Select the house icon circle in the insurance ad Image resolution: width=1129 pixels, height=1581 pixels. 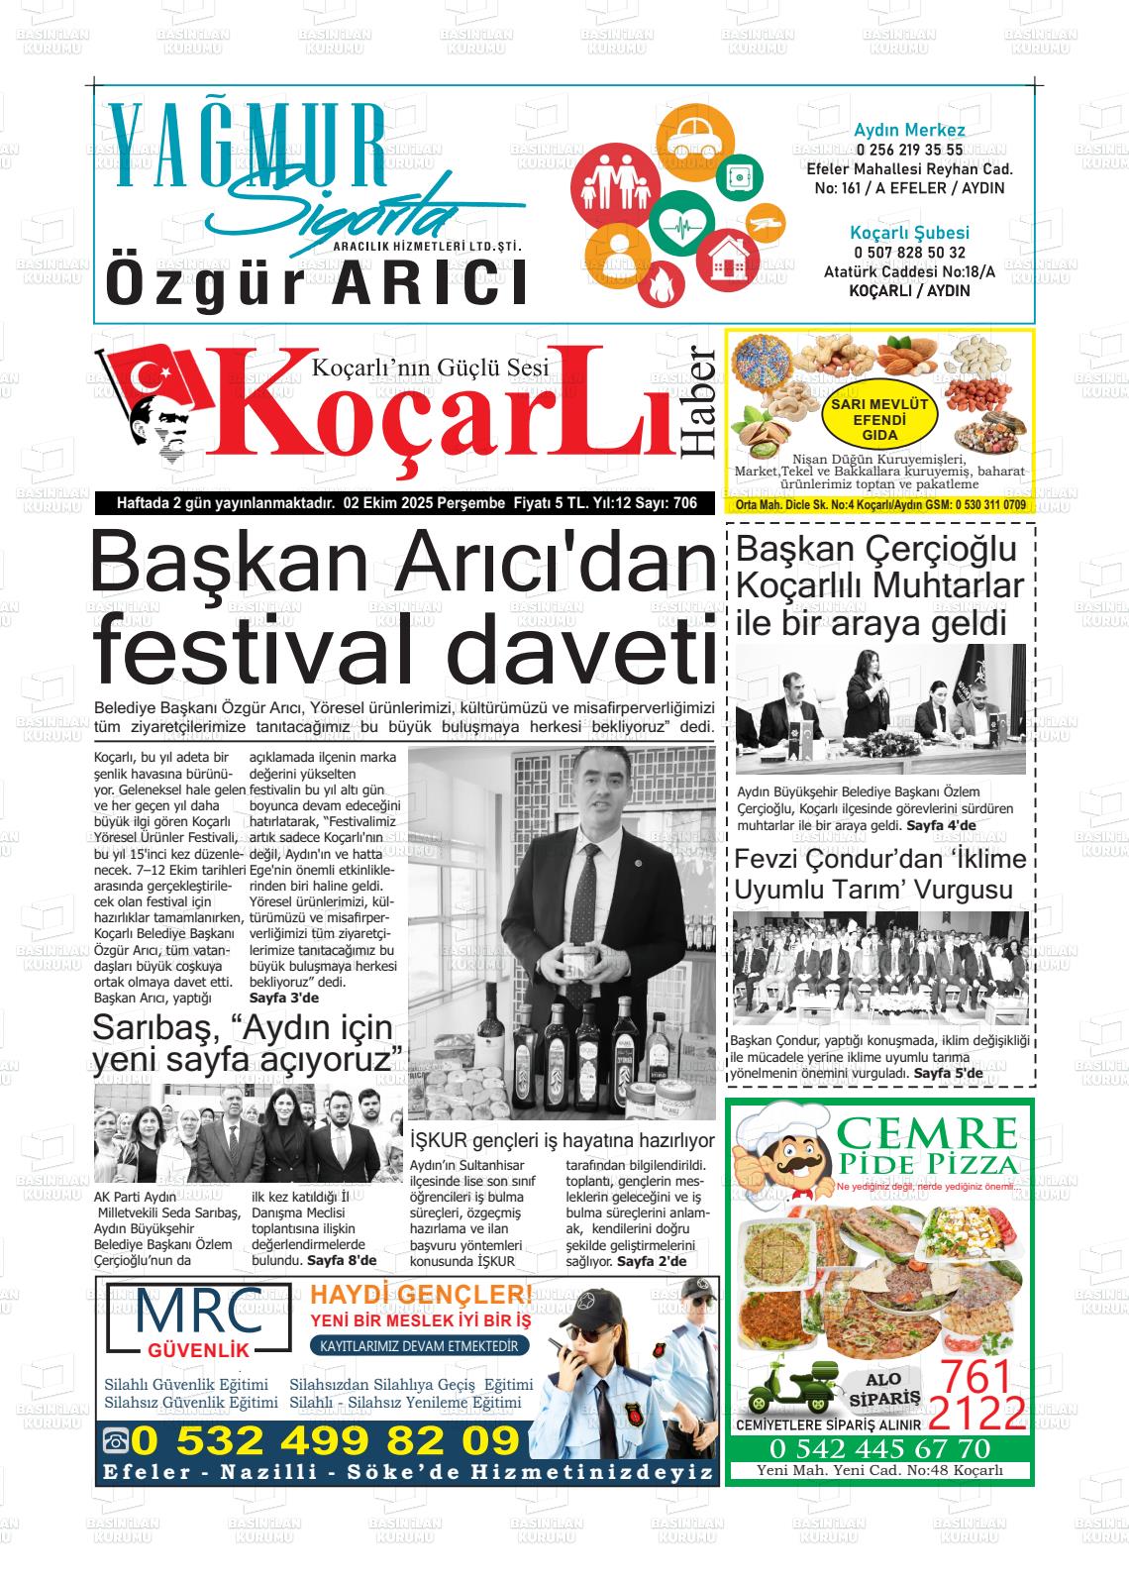click(x=729, y=260)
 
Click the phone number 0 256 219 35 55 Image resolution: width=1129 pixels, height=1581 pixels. click(x=909, y=151)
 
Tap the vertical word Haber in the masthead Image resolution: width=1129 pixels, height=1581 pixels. click(x=698, y=402)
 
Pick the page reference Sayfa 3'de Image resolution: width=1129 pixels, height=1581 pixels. click(x=284, y=998)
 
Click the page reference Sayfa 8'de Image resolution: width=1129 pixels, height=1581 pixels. click(x=342, y=1261)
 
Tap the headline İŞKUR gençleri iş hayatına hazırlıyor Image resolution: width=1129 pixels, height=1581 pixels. click(x=562, y=1141)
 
